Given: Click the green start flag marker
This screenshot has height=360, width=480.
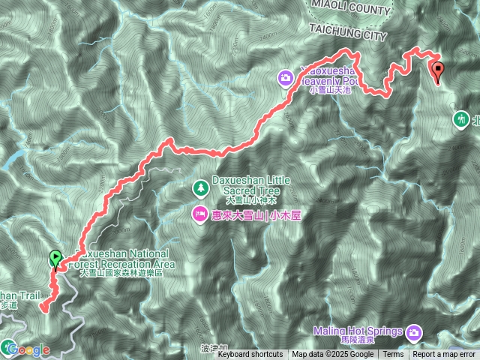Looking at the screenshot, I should pos(55,259).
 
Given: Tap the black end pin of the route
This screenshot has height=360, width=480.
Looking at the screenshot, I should pos(438,71).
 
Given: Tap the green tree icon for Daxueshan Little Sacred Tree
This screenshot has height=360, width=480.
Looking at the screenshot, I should pos(200,187).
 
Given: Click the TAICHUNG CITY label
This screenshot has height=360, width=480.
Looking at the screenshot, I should pos(346,31).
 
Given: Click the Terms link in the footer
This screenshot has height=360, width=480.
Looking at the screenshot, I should pos(392,355).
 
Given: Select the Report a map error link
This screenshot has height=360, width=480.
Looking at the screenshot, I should pos(444,355).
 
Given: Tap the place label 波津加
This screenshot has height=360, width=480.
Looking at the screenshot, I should pos(213,349).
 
